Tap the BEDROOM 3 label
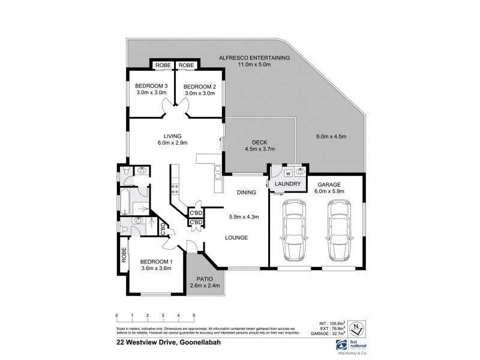click(x=151, y=86)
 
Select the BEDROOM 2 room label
click(x=199, y=86)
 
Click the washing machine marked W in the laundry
click(x=280, y=174)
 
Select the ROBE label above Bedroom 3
click(x=163, y=65)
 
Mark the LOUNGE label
click(x=238, y=238)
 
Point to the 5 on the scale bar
click(x=194, y=315)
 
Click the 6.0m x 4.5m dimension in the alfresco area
click(x=332, y=136)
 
